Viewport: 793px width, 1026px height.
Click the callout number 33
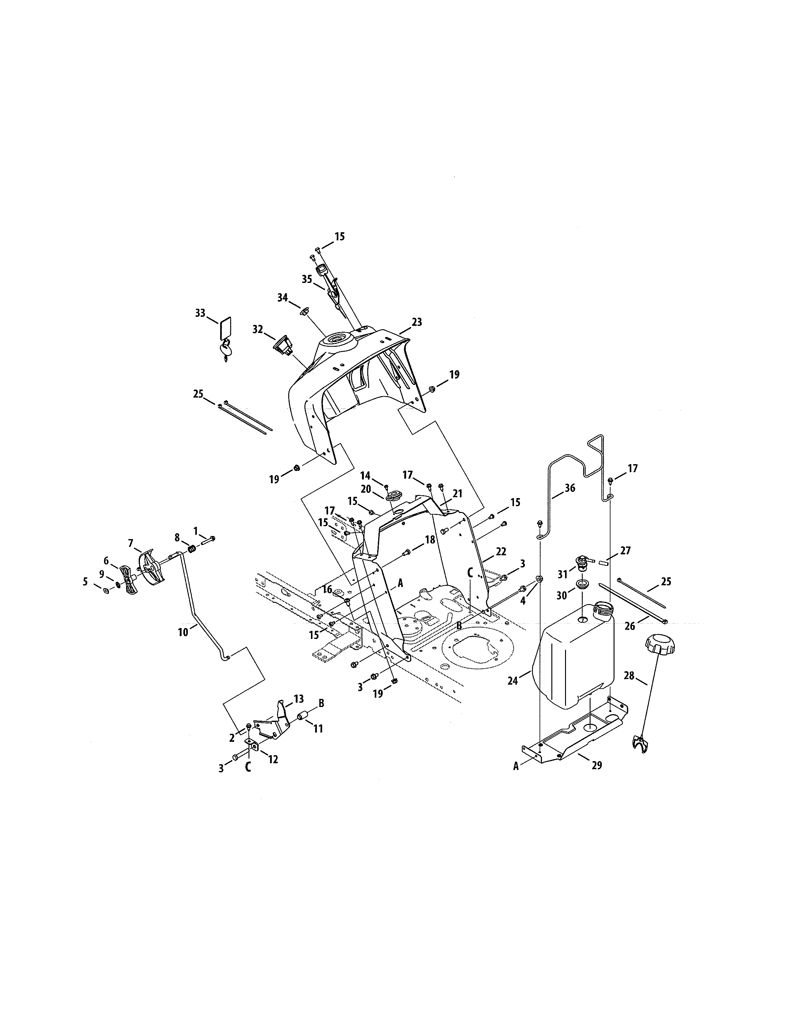click(x=200, y=313)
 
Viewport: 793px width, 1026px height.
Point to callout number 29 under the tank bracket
click(x=596, y=765)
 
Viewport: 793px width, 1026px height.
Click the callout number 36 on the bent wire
click(x=569, y=488)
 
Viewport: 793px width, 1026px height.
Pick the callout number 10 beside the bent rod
click(x=183, y=632)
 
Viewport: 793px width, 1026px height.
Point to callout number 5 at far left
click(x=85, y=582)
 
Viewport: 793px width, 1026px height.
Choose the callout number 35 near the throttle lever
click(x=307, y=279)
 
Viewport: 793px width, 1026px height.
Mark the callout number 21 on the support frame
click(x=457, y=493)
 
